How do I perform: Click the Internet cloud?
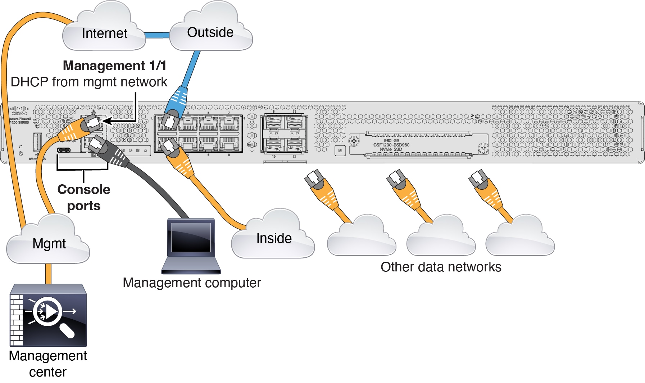click(x=104, y=33)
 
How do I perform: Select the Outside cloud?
click(x=210, y=32)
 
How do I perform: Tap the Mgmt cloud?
click(x=49, y=244)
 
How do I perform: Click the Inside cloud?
click(x=273, y=238)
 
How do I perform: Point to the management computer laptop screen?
click(x=191, y=238)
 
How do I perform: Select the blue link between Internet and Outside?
click(x=157, y=35)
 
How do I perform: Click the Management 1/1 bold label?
click(x=114, y=66)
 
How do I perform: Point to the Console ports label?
click(x=84, y=197)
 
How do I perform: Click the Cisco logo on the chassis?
click(x=19, y=111)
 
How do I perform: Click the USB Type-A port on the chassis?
click(x=37, y=141)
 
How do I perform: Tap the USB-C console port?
click(x=64, y=150)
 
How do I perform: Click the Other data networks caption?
click(x=441, y=267)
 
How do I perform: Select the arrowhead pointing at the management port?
click(x=108, y=121)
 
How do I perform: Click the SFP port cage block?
click(x=284, y=134)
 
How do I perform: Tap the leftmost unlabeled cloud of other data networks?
click(x=362, y=238)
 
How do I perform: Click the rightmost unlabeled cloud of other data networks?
click(x=520, y=238)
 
